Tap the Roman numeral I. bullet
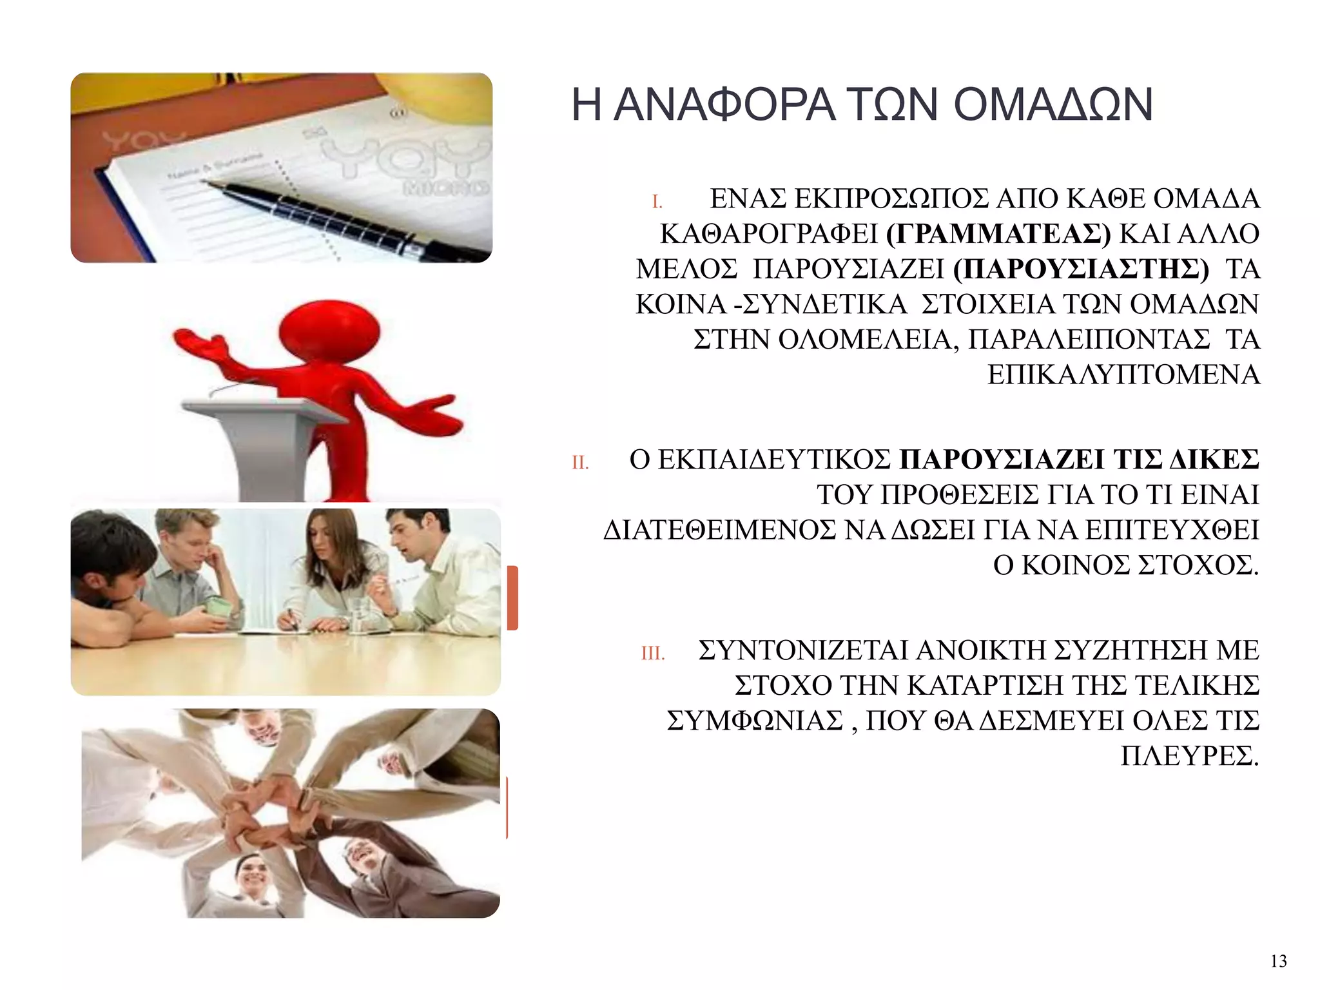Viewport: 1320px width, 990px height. pyautogui.click(x=657, y=202)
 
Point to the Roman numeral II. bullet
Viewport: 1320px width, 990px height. pyautogui.click(x=580, y=463)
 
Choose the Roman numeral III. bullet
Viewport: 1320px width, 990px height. pyautogui.click(x=652, y=654)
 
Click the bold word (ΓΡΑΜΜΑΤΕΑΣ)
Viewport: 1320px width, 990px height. pyautogui.click(x=998, y=234)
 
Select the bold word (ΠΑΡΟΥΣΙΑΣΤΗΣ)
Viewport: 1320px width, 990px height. pyautogui.click(x=1081, y=269)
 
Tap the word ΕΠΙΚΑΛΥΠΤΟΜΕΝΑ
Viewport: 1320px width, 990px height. pyautogui.click(x=1123, y=375)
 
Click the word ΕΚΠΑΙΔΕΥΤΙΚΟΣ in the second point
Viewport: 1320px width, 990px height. pyautogui.click(x=774, y=460)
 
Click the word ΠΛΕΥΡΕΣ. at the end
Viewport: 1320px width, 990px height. pyautogui.click(x=1189, y=756)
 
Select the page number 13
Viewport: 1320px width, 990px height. pyautogui.click(x=1278, y=962)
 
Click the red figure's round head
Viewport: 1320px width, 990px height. pyautogui.click(x=329, y=333)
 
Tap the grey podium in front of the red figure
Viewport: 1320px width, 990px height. pyautogui.click(x=264, y=445)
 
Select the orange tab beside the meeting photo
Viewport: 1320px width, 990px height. pyautogui.click(x=512, y=597)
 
